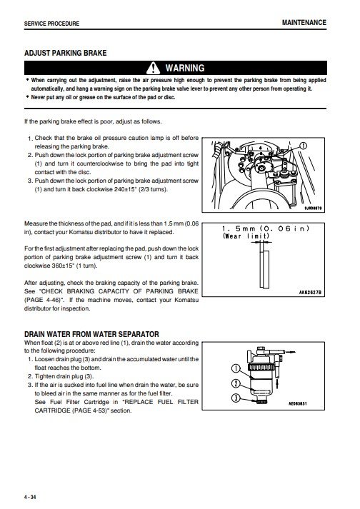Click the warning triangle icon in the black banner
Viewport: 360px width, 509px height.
(x=153, y=68)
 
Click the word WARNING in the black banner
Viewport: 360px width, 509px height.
(x=185, y=68)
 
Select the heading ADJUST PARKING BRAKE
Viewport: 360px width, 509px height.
(x=65, y=53)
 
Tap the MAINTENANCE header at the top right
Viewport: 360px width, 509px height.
(x=304, y=22)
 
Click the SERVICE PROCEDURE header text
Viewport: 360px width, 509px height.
(x=51, y=24)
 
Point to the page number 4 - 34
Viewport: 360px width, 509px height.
(x=30, y=498)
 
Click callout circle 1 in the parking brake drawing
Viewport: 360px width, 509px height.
(x=303, y=146)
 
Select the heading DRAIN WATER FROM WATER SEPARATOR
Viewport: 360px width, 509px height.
(x=91, y=334)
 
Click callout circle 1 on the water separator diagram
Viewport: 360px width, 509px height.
(x=236, y=369)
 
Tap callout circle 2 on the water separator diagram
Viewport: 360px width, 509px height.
(x=236, y=383)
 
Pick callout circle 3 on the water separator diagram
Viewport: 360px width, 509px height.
(x=236, y=398)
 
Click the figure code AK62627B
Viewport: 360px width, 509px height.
(x=310, y=293)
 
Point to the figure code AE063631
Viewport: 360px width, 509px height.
(x=298, y=404)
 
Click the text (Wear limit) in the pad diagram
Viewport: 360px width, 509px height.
(x=246, y=236)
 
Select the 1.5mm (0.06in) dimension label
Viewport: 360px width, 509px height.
(x=266, y=228)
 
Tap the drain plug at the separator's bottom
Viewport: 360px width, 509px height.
(x=261, y=402)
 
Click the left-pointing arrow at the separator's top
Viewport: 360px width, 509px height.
(x=291, y=351)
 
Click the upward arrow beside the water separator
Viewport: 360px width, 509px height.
(x=277, y=384)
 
